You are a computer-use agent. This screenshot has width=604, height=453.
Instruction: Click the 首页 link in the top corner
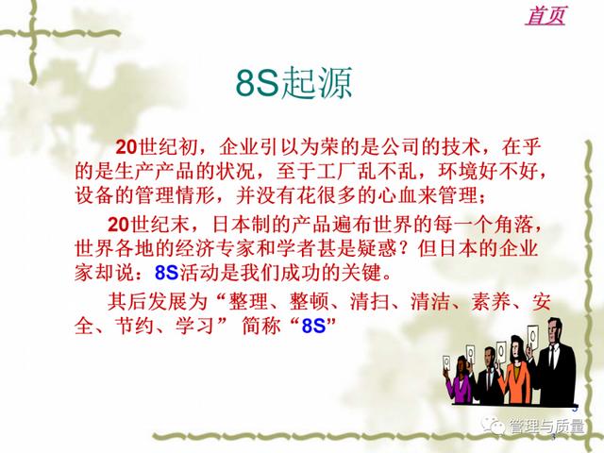pyautogui.click(x=545, y=15)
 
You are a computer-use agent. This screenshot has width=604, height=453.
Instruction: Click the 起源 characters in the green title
pyautogui.click(x=317, y=82)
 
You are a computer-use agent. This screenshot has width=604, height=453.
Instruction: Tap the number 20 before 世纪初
pyautogui.click(x=126, y=147)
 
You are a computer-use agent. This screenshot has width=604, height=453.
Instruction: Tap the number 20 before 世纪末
pyautogui.click(x=118, y=225)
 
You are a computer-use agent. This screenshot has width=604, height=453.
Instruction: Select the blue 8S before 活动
pyautogui.click(x=166, y=273)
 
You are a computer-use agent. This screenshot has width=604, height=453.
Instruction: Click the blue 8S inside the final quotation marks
pyautogui.click(x=313, y=326)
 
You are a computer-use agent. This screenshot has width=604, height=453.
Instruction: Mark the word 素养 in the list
pyautogui.click(x=491, y=302)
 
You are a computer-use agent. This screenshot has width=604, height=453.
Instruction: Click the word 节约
pyautogui.click(x=135, y=326)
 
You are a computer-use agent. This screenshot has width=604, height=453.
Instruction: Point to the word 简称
pyautogui.click(x=261, y=326)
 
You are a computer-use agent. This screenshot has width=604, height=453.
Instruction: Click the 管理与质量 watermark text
pyautogui.click(x=547, y=426)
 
